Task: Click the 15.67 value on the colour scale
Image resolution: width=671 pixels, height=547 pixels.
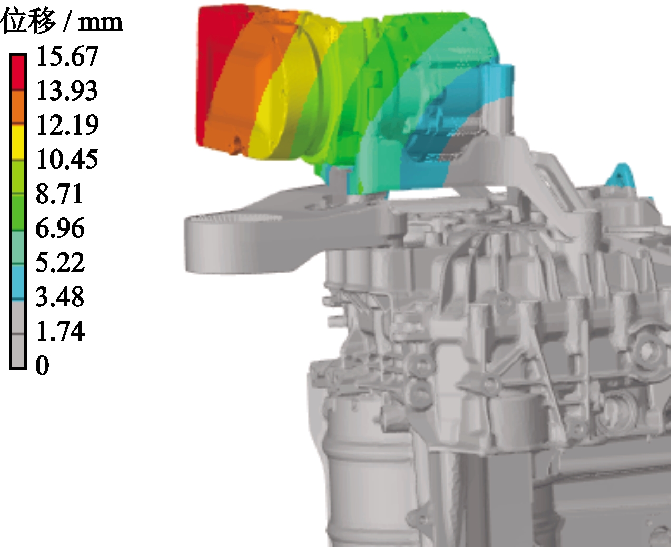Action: coord(67,56)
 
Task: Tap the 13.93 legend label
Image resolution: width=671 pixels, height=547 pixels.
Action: coord(67,91)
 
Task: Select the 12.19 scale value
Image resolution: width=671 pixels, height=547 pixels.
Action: coord(67,125)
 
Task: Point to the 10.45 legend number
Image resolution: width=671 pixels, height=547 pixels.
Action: coord(67,159)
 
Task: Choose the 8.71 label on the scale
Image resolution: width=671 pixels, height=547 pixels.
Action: coord(60,193)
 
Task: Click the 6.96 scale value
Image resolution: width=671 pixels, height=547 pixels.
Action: coord(60,228)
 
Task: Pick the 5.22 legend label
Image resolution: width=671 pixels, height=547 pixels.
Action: coord(60,262)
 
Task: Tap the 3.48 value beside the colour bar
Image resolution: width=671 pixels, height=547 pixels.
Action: coord(60,297)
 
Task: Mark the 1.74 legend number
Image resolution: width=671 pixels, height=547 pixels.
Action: coord(61,331)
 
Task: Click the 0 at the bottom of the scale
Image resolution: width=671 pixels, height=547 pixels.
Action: coord(43,366)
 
